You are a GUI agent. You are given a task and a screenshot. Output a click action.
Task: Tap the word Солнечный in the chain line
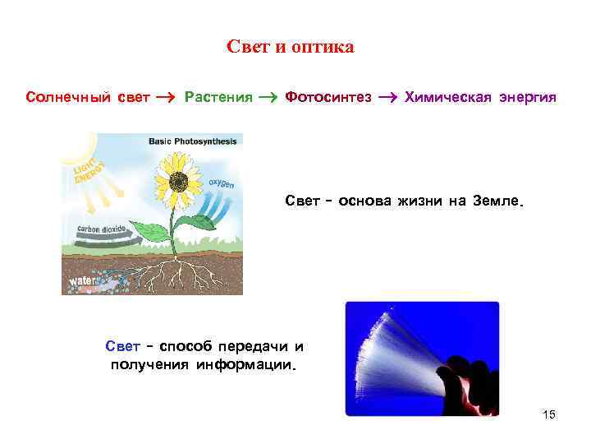[65, 98]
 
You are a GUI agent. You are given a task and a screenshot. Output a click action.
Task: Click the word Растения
[218, 98]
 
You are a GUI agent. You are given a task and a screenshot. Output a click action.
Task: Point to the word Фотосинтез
[328, 98]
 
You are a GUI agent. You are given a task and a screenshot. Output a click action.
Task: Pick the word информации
[244, 364]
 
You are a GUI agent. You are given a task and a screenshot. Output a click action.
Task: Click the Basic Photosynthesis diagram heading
[192, 141]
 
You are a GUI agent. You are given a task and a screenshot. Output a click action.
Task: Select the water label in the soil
[82, 280]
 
